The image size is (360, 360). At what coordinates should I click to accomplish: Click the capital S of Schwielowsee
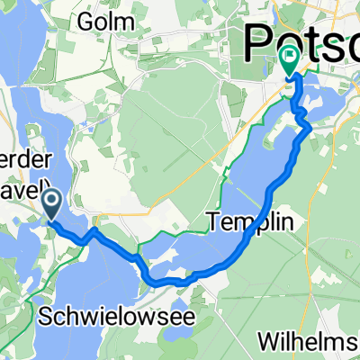pos(48,315)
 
